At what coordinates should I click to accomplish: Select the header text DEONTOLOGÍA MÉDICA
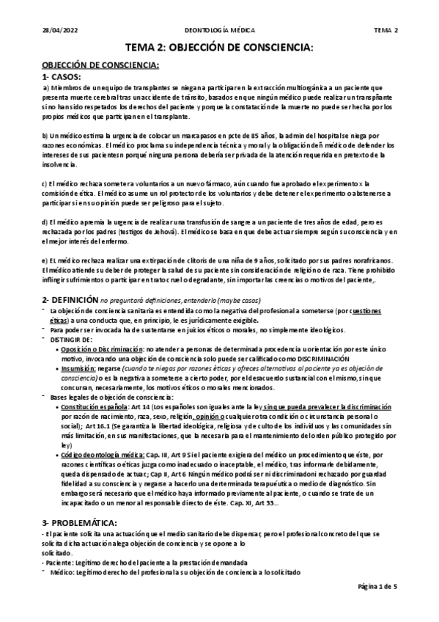[219, 30]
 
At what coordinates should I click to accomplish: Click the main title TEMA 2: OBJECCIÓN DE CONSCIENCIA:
[219, 48]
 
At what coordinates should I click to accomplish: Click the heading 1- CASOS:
[62, 76]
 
